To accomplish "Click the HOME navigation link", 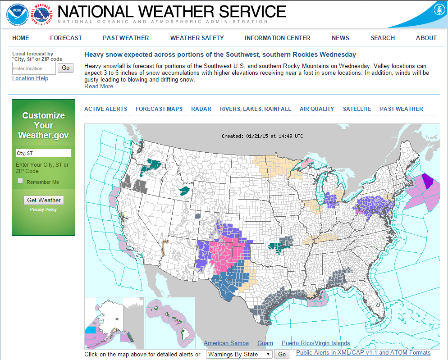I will (21, 38).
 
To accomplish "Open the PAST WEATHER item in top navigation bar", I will (126, 38).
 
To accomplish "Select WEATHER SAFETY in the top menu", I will (197, 38).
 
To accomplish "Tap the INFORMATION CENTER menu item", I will (277, 38).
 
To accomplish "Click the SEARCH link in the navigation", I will (383, 38).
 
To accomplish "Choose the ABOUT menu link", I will (426, 38).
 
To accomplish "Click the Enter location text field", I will (34, 68).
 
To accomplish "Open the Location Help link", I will (30, 78).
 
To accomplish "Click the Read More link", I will (101, 87).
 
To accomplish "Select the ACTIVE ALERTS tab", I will (105, 109).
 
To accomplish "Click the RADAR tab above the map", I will (201, 109).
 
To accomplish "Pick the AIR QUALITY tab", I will (317, 109).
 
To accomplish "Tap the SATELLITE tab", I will (357, 109).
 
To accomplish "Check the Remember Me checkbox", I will (20, 181).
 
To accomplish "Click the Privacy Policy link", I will (44, 210).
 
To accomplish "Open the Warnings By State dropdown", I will (239, 354).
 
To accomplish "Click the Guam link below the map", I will (265, 343).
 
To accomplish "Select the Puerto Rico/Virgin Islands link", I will (315, 343).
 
